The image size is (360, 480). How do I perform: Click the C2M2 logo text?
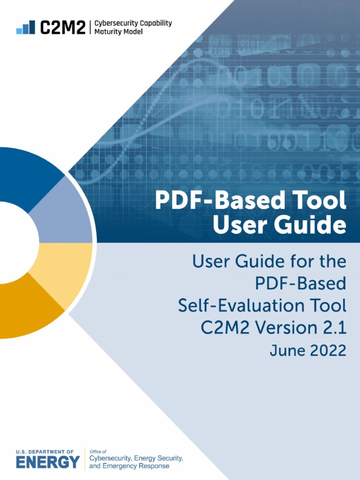(x=63, y=27)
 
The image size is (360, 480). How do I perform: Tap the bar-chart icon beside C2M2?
(x=26, y=27)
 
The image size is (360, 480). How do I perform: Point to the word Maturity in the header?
(x=108, y=32)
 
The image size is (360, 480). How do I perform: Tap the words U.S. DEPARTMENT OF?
(x=45, y=452)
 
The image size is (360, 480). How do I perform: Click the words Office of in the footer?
(x=97, y=452)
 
